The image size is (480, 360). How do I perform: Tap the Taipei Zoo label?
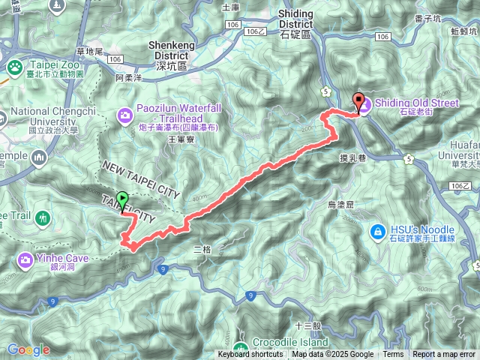pyautogui.click(x=50, y=65)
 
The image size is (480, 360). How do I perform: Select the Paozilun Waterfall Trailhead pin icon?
pyautogui.click(x=124, y=114)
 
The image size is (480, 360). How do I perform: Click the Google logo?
pyautogui.click(x=28, y=349)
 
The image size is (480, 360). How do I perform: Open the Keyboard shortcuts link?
pyautogui.click(x=250, y=354)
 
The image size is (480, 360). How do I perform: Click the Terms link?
pyautogui.click(x=393, y=354)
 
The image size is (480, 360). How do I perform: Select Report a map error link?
pyautogui.click(x=445, y=354)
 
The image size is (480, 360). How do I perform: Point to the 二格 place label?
pyautogui.click(x=203, y=248)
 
